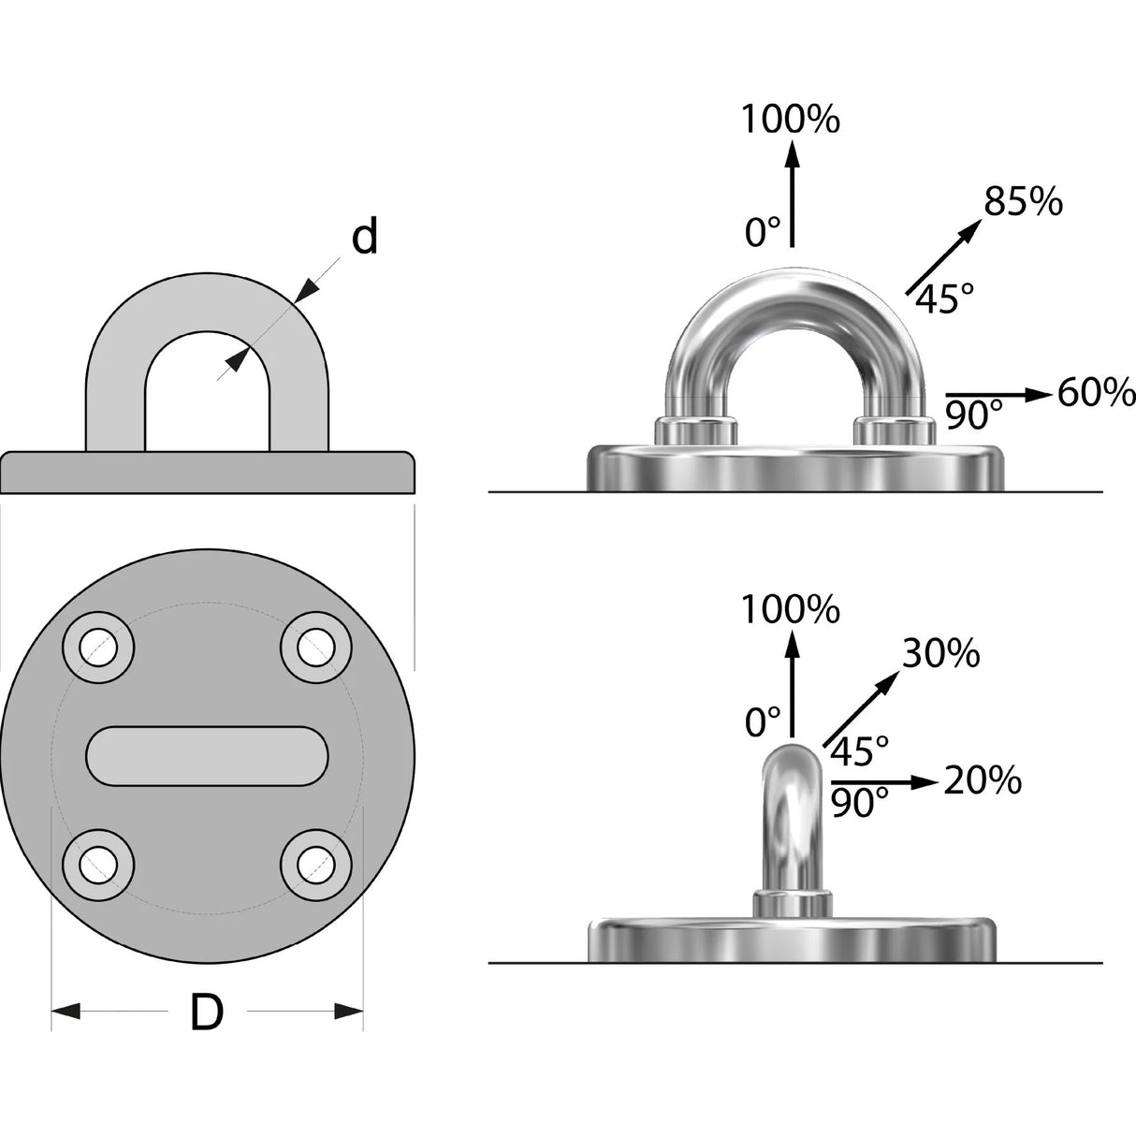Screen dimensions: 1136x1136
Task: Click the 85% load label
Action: pyautogui.click(x=1023, y=201)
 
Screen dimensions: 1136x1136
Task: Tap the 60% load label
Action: pyautogui.click(x=1096, y=393)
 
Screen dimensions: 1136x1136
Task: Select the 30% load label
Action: pyautogui.click(x=940, y=653)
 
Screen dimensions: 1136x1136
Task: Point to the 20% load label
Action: pyautogui.click(x=983, y=781)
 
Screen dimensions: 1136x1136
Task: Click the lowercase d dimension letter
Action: pyautogui.click(x=364, y=237)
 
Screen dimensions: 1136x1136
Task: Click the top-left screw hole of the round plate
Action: pyautogui.click(x=98, y=648)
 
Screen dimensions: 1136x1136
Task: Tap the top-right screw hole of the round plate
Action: pyautogui.click(x=316, y=648)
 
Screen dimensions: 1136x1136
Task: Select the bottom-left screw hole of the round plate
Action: pyautogui.click(x=98, y=865)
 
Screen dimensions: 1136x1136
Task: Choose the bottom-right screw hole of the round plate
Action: pyautogui.click(x=316, y=865)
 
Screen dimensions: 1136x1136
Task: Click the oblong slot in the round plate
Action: pyautogui.click(x=207, y=756)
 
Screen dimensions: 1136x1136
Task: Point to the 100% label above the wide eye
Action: pyautogui.click(x=790, y=120)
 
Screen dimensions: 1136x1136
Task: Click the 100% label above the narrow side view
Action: pyautogui.click(x=790, y=609)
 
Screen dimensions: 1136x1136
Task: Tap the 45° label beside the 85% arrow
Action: pyautogui.click(x=945, y=299)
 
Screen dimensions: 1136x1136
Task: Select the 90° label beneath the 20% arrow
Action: pyautogui.click(x=860, y=802)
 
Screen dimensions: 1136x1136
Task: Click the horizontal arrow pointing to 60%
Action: pyautogui.click(x=999, y=394)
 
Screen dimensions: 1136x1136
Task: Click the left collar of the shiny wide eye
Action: pyautogui.click(x=695, y=430)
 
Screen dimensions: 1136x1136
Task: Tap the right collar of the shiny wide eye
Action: pyautogui.click(x=895, y=430)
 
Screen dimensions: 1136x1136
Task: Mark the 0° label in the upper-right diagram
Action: pyautogui.click(x=763, y=232)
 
